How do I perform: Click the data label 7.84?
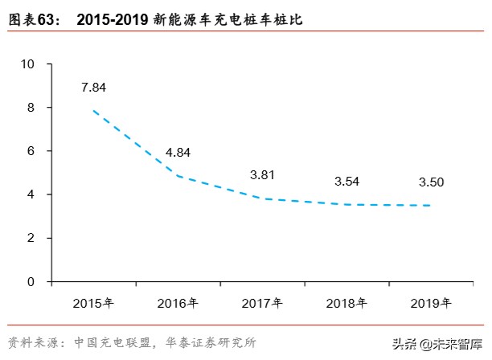pyautogui.click(x=93, y=87)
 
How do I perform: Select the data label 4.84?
pyautogui.click(x=178, y=151)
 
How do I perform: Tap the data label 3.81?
pyautogui.click(x=263, y=174)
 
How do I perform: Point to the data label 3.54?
pyautogui.click(x=347, y=180)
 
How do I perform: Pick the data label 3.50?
pyautogui.click(x=432, y=182)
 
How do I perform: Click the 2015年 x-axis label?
pyautogui.click(x=93, y=303)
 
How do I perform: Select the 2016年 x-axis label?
pyautogui.click(x=178, y=303)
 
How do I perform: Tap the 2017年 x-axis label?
pyautogui.click(x=262, y=303)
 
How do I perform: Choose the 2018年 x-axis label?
pyautogui.click(x=346, y=303)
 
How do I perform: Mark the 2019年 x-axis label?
pyautogui.click(x=431, y=303)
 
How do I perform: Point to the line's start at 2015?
pyautogui.click(x=93, y=110)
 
